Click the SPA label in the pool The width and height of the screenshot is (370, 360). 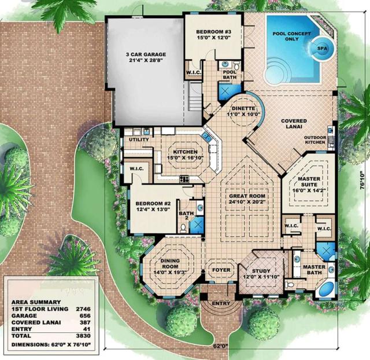coord(322,49)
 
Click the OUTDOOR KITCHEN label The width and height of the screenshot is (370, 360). coord(315,140)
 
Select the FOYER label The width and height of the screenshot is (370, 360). coord(221,270)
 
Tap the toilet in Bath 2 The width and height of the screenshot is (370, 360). coord(183,228)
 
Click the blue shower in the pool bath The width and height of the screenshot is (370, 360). coord(228,91)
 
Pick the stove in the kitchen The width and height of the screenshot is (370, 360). coord(184,179)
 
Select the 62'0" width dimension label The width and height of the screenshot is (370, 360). coord(221,346)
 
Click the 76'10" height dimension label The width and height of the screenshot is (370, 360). coord(362,180)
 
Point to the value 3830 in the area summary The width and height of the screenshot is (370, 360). coord(83,336)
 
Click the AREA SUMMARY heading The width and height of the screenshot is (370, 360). coord(36,302)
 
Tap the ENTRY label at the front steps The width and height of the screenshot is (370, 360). coord(221,303)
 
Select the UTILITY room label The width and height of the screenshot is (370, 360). coord(139,139)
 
